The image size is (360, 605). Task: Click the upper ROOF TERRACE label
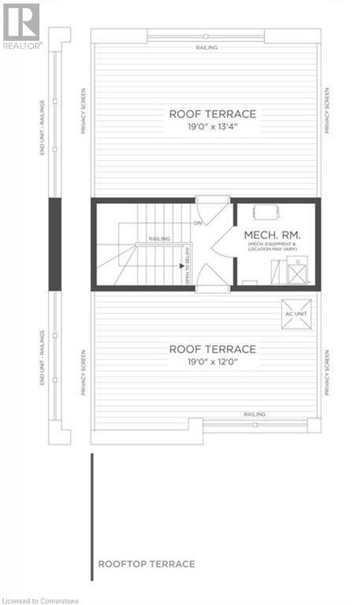206,113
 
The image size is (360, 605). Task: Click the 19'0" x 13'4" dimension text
206,127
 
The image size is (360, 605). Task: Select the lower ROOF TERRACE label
206,349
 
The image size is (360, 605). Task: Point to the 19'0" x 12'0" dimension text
206,362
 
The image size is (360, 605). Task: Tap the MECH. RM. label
272,236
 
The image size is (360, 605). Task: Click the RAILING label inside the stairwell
160,238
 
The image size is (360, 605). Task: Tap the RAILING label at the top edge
207,47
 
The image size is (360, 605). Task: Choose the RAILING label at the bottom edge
254,414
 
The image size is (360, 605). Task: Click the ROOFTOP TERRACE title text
147,564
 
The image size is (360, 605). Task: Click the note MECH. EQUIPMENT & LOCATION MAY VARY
273,253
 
